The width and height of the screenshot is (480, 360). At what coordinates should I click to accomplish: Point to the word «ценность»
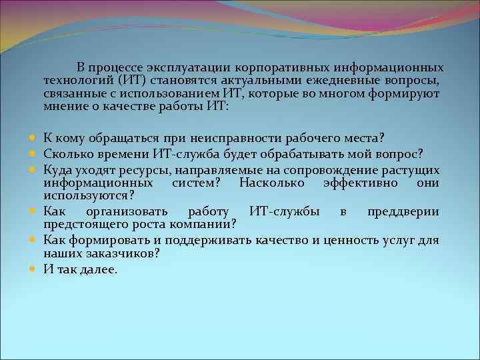click(347, 241)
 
